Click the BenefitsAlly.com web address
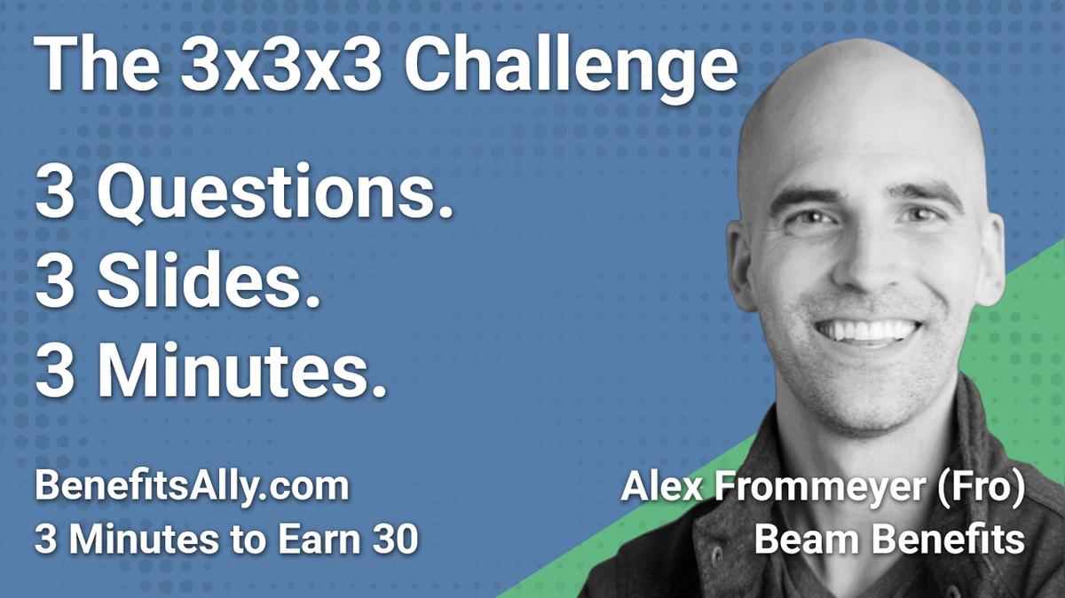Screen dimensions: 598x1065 [191, 489]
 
